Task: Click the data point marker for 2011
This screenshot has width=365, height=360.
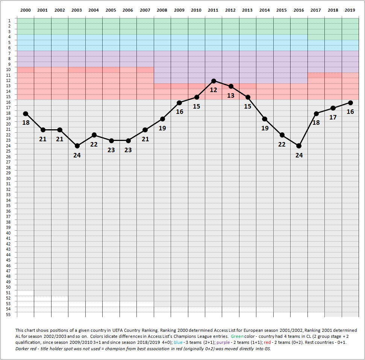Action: [x=214, y=81]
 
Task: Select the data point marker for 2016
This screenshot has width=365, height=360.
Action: [x=299, y=146]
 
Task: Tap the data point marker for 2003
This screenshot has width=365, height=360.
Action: [x=77, y=146]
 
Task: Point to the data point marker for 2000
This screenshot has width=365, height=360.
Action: [x=26, y=113]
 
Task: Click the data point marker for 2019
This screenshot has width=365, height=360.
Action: [x=350, y=103]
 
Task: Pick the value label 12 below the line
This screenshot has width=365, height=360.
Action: [x=214, y=90]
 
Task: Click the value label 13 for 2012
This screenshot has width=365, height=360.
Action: [x=230, y=95]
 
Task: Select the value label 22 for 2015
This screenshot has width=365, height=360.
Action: [x=282, y=144]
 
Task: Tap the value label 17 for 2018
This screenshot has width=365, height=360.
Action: [x=333, y=117]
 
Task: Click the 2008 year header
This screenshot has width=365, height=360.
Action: [x=162, y=11]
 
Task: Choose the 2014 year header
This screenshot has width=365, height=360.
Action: [x=265, y=11]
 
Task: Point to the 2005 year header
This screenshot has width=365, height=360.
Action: [x=111, y=11]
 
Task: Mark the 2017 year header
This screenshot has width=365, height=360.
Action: [x=316, y=11]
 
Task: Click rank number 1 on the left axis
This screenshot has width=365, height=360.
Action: [x=9, y=21]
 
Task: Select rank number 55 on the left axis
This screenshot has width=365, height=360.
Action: [x=8, y=314]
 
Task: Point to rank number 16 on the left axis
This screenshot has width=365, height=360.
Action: [x=8, y=102]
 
